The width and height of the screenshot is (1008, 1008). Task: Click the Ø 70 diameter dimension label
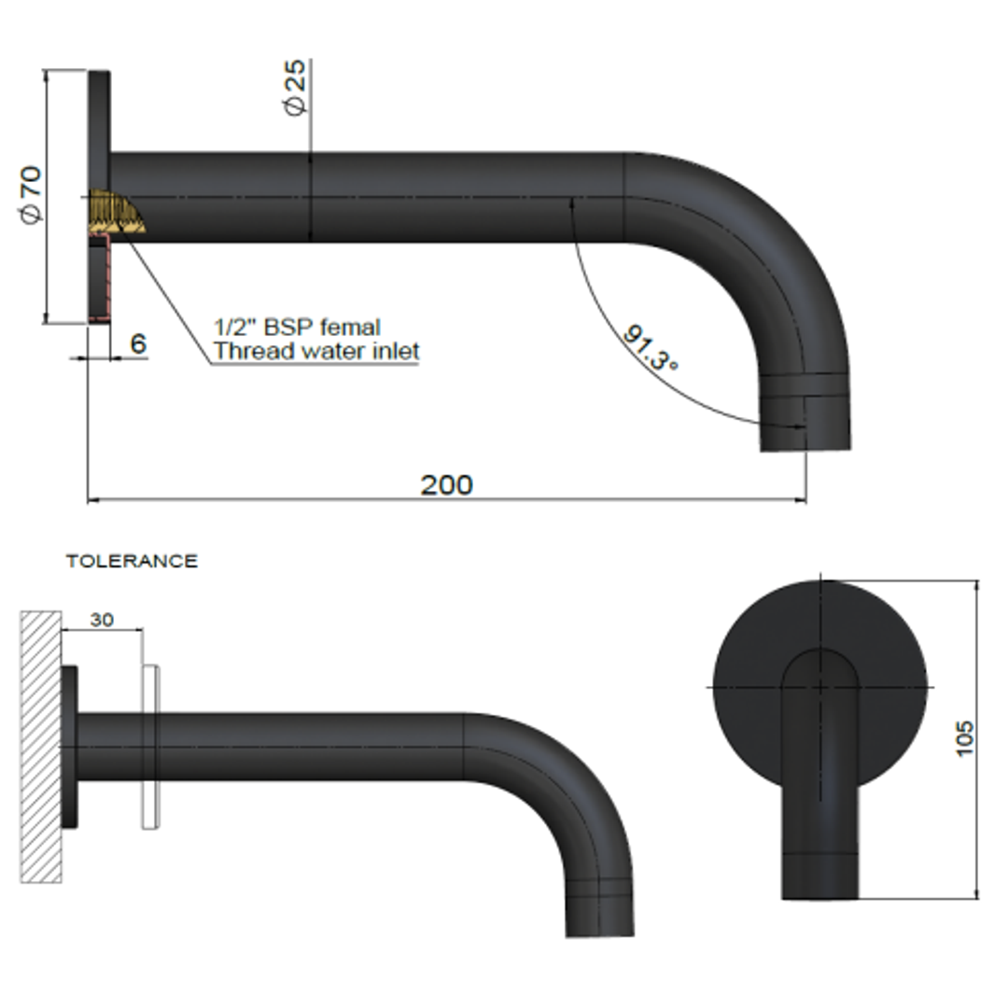30,194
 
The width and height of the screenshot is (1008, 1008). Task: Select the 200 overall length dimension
446,484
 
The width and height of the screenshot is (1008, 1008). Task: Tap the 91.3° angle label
651,348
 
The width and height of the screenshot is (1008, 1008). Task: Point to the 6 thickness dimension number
138,343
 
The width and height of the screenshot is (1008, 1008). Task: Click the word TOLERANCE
132,561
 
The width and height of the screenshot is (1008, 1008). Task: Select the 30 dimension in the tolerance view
102,620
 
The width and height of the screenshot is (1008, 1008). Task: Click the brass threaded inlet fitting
116,214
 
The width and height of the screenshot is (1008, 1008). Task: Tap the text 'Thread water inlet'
316,352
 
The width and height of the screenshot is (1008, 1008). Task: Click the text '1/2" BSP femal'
297,328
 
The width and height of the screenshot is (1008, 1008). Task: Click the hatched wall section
41,747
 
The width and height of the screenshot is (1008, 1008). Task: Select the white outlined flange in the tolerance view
150,747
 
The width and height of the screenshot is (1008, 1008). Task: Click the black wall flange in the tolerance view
70,747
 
